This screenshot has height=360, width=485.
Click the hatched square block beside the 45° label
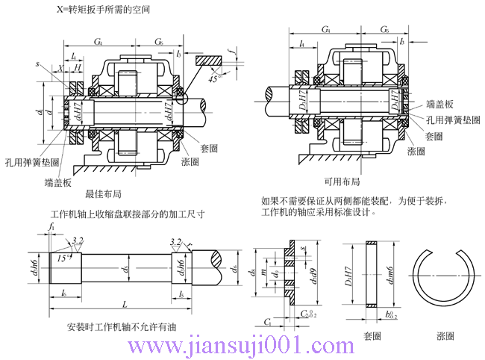pyautogui.click(x=209, y=60)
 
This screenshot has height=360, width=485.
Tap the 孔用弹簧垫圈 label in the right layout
pyautogui.click(x=452, y=120)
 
